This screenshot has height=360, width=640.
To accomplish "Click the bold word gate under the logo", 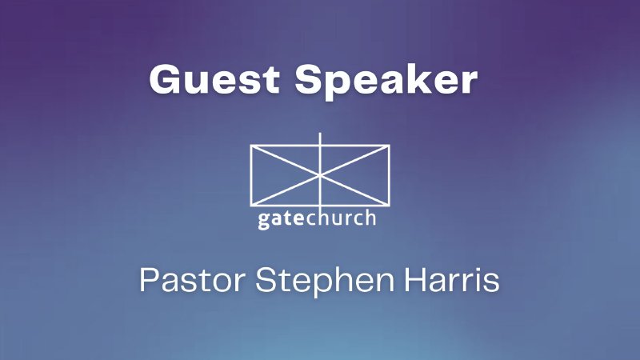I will (280, 218).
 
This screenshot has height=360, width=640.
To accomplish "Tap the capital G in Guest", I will (164, 81).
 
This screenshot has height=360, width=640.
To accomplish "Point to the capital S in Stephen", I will (268, 281).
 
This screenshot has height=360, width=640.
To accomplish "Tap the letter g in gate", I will (263, 220).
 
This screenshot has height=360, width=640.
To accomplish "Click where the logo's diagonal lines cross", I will (320, 174).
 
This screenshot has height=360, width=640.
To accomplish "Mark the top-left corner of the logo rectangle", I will (250, 146).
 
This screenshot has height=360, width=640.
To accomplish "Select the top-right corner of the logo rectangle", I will (390, 146).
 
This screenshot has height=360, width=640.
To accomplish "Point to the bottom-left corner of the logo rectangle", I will (250, 202).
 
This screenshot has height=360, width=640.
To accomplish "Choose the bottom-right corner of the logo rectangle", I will (390, 202).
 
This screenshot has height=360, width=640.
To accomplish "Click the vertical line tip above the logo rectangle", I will (320, 133).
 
